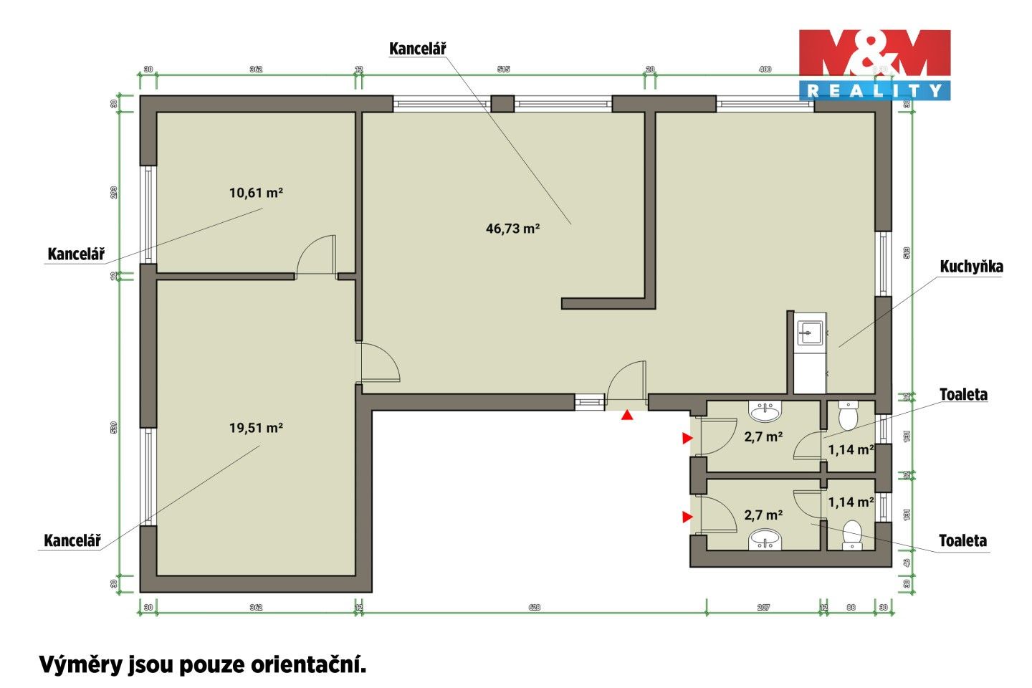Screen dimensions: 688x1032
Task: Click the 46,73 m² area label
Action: point(512,229)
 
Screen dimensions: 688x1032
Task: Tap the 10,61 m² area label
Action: point(256,193)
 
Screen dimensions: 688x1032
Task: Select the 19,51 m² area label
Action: point(256,428)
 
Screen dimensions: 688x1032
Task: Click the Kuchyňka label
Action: point(971,267)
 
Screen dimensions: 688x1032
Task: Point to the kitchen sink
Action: point(810,333)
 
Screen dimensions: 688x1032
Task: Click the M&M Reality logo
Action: point(874,64)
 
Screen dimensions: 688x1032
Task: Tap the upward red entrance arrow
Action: point(627,414)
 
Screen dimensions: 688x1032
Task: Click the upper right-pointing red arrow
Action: point(687,438)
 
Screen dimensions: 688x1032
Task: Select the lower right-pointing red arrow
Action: point(687,517)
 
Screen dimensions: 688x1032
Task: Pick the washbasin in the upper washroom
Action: point(765,411)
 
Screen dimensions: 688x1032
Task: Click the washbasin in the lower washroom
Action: point(765,540)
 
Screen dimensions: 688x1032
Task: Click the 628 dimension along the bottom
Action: point(534,608)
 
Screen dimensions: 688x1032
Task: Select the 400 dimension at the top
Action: point(765,70)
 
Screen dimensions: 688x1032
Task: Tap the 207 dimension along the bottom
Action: point(763,608)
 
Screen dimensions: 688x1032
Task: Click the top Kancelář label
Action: point(417,49)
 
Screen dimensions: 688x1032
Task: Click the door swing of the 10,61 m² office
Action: point(316,255)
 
